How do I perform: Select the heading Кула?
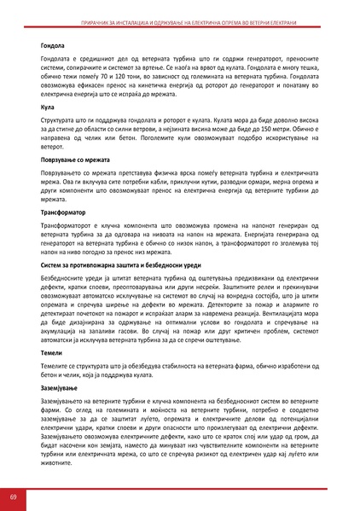(46, 108)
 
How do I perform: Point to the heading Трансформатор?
(62, 211)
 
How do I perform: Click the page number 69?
(14, 496)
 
